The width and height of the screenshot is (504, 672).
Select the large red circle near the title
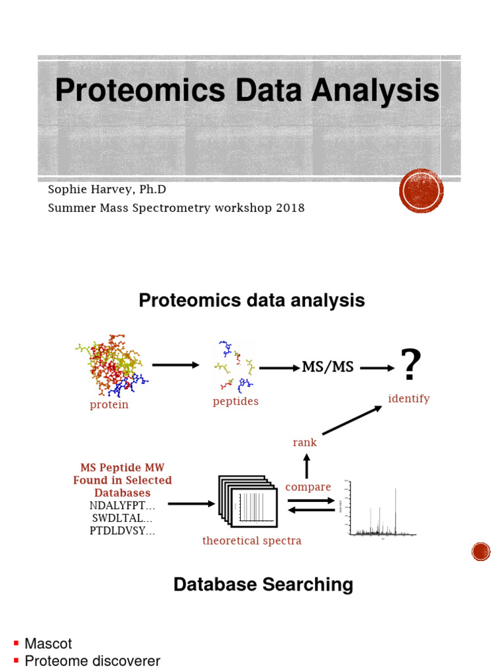pyautogui.click(x=421, y=191)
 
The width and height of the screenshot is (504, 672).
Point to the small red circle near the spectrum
pyautogui.click(x=481, y=552)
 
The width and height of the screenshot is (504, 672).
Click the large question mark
pyautogui.click(x=410, y=365)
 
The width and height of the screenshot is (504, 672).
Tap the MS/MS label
pyautogui.click(x=327, y=367)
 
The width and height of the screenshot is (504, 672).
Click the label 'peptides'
pyautogui.click(x=236, y=401)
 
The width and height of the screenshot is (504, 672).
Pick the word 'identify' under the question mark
pyautogui.click(x=409, y=398)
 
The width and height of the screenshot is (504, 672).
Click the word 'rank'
pyautogui.click(x=304, y=442)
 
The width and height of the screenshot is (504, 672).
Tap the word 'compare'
pyautogui.click(x=308, y=487)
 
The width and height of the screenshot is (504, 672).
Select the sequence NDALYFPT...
pyautogui.click(x=122, y=505)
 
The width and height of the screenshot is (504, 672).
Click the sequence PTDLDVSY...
pyautogui.click(x=122, y=531)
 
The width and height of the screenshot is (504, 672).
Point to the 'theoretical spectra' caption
pyautogui.click(x=252, y=541)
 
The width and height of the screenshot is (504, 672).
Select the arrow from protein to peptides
pyautogui.click(x=175, y=365)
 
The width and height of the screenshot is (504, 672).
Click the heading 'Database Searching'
pyautogui.click(x=263, y=584)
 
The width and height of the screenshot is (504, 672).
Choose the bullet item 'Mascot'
pyautogui.click(x=48, y=644)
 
